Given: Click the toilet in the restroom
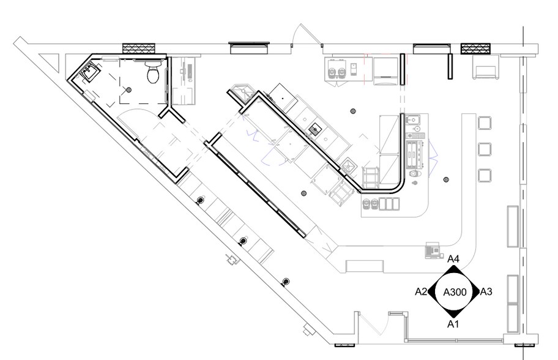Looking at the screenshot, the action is click(153, 72).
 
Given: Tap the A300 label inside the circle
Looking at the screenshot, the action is click(455, 292).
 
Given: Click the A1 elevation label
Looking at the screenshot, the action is click(453, 324).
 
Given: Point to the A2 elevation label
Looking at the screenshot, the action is click(421, 292).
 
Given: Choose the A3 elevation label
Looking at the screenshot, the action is click(486, 292).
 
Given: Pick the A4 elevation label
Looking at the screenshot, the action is click(453, 259).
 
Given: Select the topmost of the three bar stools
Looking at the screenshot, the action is click(485, 123).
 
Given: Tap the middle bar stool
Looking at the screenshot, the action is click(485, 149).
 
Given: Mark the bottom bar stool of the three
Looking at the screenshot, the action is click(485, 175).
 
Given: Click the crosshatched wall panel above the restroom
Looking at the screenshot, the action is click(139, 48).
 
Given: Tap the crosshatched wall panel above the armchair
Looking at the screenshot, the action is click(475, 48).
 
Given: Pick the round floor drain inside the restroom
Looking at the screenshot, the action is click(129, 90).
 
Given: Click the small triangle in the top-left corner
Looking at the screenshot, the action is click(49, 60).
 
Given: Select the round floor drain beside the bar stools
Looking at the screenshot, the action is click(446, 179).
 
